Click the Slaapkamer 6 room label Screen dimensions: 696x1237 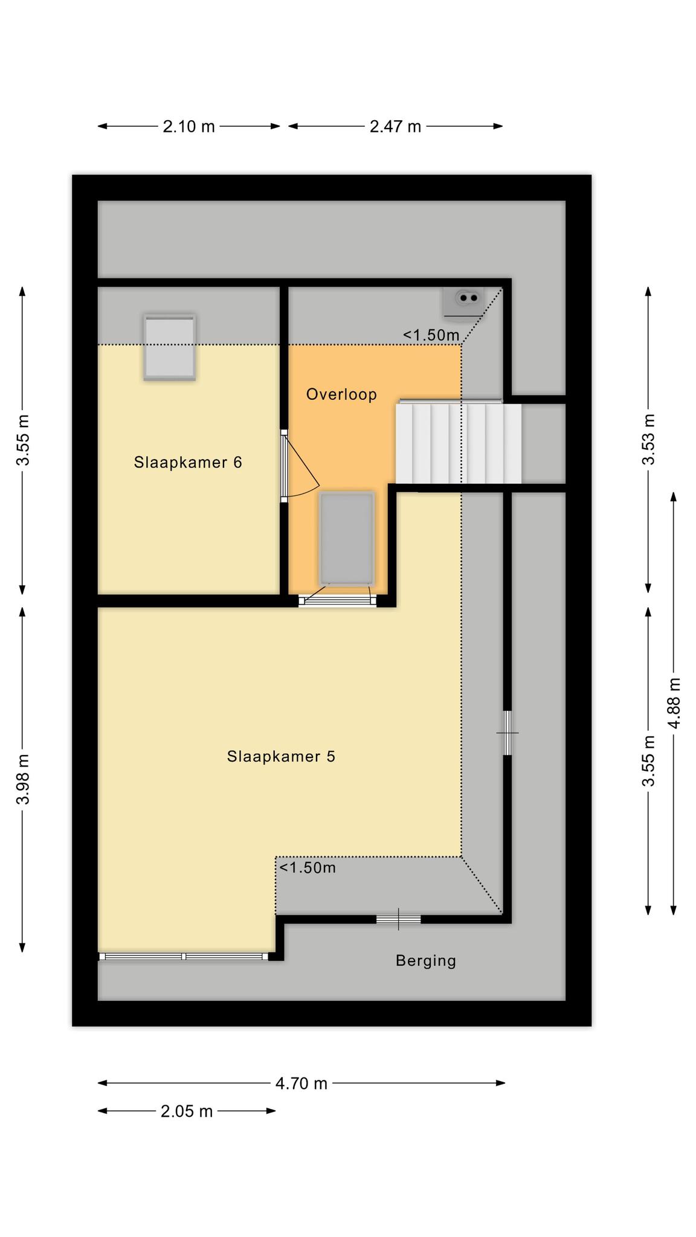(188, 463)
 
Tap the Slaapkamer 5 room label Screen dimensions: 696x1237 (281, 756)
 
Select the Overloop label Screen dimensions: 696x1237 (341, 394)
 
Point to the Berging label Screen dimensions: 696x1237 (426, 960)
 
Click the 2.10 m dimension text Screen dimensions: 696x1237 (188, 126)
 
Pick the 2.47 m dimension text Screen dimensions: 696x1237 (395, 126)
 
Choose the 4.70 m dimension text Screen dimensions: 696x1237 (301, 1083)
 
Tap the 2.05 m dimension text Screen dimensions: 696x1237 (187, 1111)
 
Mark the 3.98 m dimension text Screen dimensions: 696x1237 (23, 780)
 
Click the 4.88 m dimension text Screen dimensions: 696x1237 (674, 703)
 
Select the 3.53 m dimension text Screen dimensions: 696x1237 (648, 439)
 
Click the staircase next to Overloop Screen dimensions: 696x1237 (459, 443)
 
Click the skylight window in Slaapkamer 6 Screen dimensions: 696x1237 (170, 347)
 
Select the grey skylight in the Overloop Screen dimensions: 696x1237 (347, 539)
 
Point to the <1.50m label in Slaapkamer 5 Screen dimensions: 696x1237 (307, 868)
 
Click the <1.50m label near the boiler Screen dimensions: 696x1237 (431, 335)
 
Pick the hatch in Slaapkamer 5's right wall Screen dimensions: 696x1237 (507, 733)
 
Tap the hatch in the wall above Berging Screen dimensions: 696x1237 (398, 919)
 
